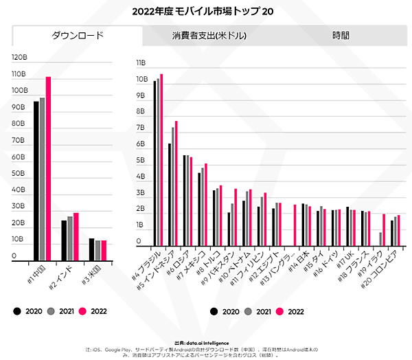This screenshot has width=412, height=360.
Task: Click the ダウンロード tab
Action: (x=77, y=36)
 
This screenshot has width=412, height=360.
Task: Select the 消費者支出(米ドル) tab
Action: (x=209, y=36)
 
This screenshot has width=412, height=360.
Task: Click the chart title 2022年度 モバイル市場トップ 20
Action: (x=206, y=11)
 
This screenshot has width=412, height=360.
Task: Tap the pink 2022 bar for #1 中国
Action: (x=48, y=168)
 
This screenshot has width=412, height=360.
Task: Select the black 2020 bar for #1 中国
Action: (x=36, y=181)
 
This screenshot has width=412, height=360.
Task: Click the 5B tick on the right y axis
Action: (x=141, y=161)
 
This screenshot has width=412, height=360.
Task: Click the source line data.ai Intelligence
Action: (x=206, y=341)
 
